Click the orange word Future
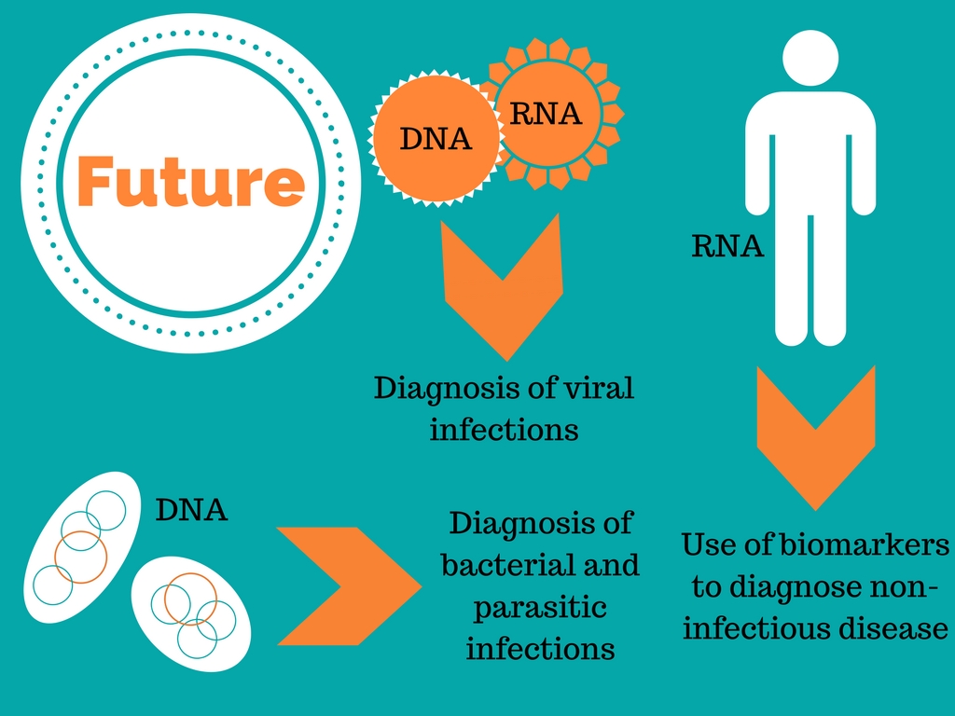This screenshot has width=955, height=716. point(190,182)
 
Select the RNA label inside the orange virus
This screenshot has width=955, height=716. point(547,114)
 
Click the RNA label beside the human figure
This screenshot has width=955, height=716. point(727,247)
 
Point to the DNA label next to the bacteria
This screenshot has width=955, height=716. point(191,510)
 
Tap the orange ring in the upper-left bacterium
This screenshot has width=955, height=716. point(81,557)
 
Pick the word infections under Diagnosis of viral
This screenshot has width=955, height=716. point(504,431)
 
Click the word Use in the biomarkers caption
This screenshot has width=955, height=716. point(705,544)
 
